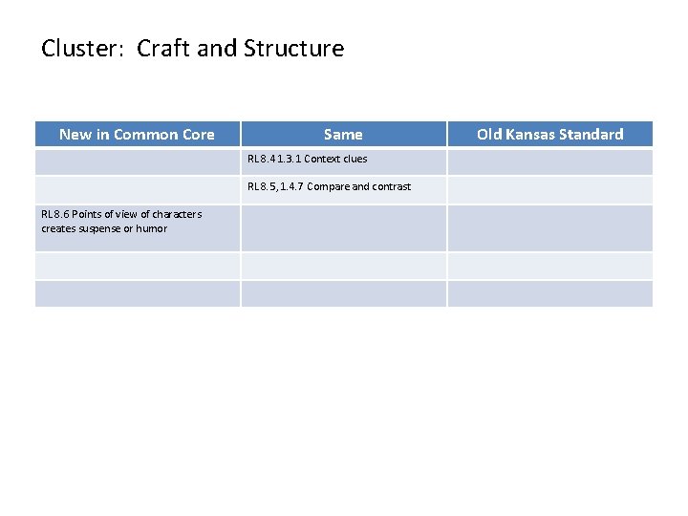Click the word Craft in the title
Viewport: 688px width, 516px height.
tap(163, 49)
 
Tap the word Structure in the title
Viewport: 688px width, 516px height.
tap(294, 49)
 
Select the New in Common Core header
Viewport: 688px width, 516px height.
tap(137, 135)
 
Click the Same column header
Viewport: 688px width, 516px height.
tap(343, 135)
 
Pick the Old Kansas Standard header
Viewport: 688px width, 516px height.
tap(549, 135)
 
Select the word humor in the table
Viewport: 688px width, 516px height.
tap(151, 228)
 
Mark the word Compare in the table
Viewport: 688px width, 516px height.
tap(328, 186)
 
